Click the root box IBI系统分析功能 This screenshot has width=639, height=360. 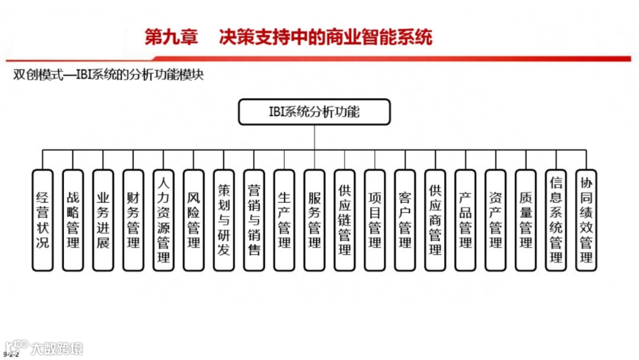click(x=314, y=112)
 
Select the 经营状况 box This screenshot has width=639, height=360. click(x=43, y=220)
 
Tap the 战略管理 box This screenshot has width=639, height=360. click(x=73, y=220)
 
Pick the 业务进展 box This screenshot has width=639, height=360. click(x=103, y=220)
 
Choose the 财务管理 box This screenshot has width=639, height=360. click(x=133, y=220)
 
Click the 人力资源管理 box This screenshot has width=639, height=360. click(x=163, y=220)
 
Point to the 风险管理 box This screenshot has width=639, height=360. click(x=193, y=220)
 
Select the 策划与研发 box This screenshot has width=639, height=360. click(x=224, y=220)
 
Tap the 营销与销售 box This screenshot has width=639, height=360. click(x=254, y=220)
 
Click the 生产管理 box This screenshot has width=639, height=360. click(x=284, y=220)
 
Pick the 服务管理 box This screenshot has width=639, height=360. click(x=314, y=220)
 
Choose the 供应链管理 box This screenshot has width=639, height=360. click(x=344, y=220)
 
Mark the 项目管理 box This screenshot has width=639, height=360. click(x=375, y=220)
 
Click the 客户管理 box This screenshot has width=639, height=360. click(x=405, y=220)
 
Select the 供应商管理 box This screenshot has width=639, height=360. click(x=435, y=220)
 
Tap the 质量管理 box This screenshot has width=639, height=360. click(x=525, y=220)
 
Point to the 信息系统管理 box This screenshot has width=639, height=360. click(x=556, y=220)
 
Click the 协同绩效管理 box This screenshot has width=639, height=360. click(x=586, y=220)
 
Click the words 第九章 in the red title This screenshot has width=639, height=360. click(x=171, y=37)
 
